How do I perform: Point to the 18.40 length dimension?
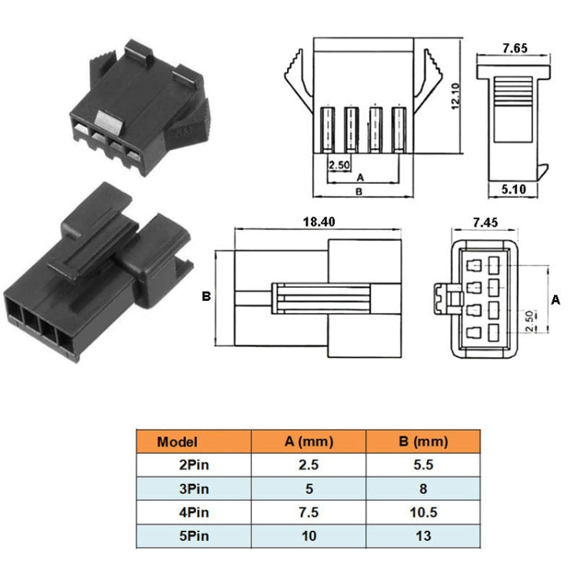319,221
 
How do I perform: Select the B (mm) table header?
422,442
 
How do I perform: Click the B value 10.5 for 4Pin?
422,512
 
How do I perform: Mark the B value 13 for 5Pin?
422,535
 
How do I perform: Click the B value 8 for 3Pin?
422,489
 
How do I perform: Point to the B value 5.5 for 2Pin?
422,465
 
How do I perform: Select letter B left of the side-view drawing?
205,296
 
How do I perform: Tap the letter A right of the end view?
555,299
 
